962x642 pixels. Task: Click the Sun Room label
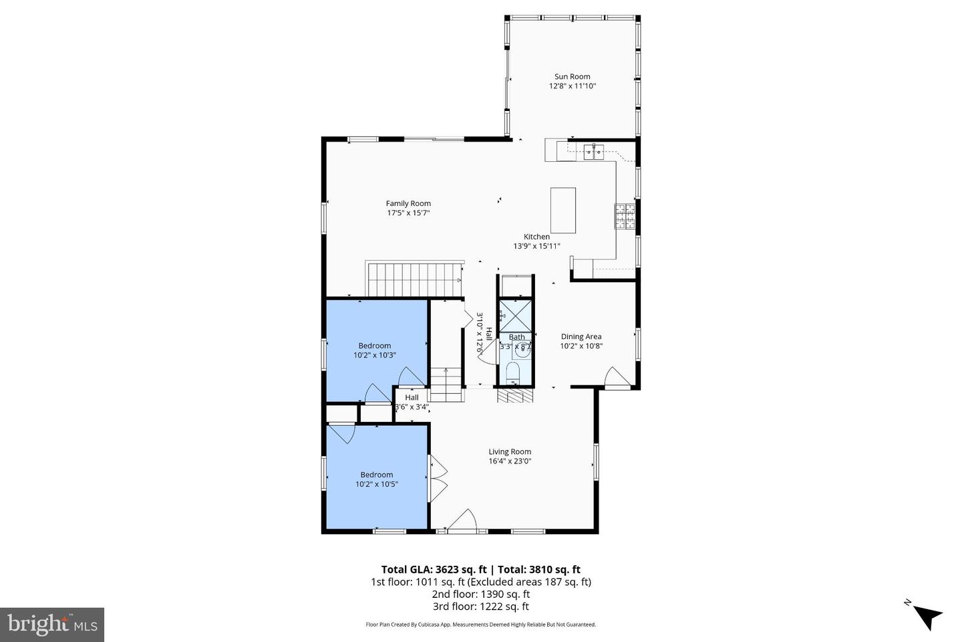(572, 76)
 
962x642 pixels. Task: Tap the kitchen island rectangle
(563, 209)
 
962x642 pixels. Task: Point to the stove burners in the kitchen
(625, 216)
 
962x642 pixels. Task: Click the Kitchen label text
(536, 237)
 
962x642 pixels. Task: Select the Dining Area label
(581, 336)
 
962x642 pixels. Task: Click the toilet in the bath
(514, 371)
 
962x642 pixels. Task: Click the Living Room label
(509, 451)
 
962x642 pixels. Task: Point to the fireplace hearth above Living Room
(514, 397)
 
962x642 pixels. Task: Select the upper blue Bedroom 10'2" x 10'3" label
(375, 346)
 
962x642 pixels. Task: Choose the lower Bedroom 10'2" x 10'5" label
(376, 475)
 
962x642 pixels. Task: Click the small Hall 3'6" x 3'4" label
(412, 397)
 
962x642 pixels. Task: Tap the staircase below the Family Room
(414, 280)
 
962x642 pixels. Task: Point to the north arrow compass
(925, 614)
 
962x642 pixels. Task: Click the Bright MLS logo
(51, 625)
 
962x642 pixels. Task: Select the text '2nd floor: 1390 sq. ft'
(481, 594)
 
